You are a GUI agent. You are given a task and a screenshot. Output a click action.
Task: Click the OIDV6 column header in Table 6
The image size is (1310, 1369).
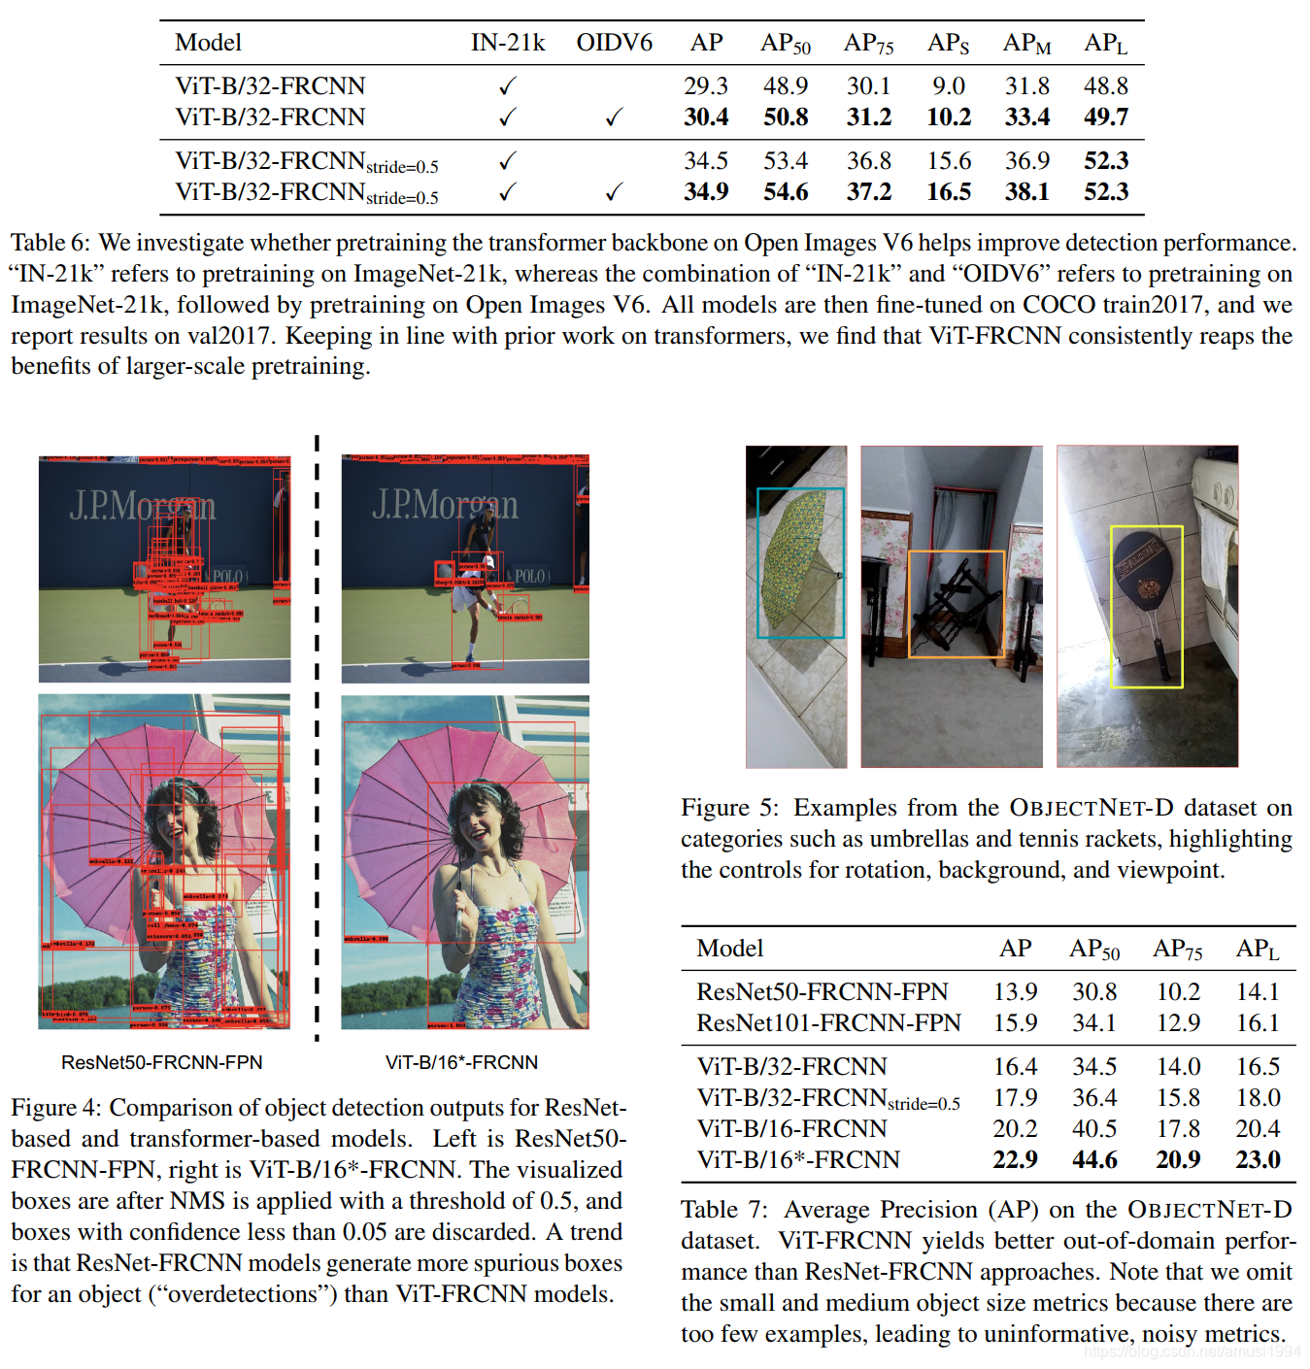[614, 43]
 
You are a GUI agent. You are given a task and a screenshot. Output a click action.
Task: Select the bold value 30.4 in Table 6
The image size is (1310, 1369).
[706, 117]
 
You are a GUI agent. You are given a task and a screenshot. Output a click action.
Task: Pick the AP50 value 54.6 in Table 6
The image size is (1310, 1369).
[786, 192]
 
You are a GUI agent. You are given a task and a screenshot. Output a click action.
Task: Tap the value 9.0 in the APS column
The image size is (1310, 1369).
[949, 86]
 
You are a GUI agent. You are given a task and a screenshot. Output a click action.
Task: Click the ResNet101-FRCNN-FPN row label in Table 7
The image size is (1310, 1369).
[828, 1023]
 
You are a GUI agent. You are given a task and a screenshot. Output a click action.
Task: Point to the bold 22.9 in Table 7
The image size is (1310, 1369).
[1015, 1160]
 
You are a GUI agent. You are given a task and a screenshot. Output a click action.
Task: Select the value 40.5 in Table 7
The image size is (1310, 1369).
[1094, 1129]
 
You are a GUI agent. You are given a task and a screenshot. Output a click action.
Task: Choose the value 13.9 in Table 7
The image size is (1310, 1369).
[1015, 992]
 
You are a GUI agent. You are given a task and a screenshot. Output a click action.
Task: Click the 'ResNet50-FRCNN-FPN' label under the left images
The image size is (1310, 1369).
[162, 1062]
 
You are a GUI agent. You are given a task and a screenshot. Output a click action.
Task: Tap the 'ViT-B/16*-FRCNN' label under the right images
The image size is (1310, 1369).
[461, 1062]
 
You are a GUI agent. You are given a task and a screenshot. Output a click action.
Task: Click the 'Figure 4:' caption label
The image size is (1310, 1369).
[56, 1108]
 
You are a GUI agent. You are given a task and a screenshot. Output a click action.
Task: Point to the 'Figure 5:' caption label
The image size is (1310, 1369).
[728, 808]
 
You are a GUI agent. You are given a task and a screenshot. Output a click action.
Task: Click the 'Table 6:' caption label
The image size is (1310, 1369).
[50, 243]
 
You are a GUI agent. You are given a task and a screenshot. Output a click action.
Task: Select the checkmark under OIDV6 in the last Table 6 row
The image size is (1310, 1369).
[614, 192]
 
